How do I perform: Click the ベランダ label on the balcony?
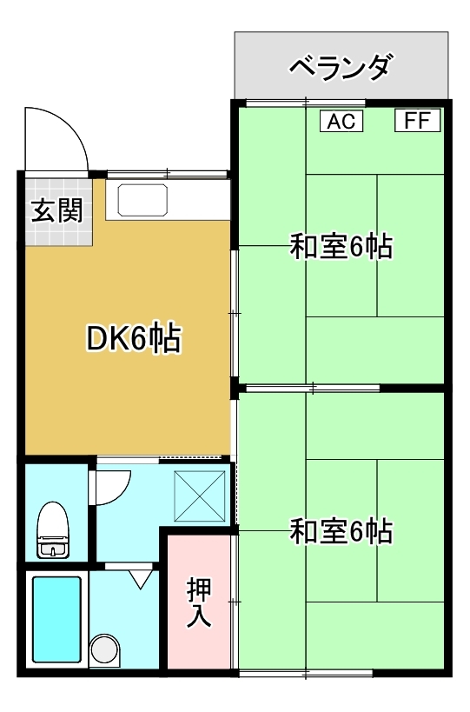341,68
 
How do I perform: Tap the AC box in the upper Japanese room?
341,121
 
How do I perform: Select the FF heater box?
417,121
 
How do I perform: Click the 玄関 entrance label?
57,210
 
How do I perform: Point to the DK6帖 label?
134,338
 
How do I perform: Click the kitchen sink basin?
142,200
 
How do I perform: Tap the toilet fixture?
53,529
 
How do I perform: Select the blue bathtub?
56,619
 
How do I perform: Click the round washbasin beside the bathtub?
105,649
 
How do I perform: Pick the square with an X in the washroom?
200,496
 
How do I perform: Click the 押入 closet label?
199,602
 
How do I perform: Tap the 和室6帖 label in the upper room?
341,246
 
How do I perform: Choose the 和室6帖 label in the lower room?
341,531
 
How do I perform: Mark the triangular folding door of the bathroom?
141,579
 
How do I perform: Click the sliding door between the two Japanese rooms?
313,389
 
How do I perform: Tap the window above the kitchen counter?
167,174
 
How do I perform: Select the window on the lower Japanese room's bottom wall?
306,673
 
